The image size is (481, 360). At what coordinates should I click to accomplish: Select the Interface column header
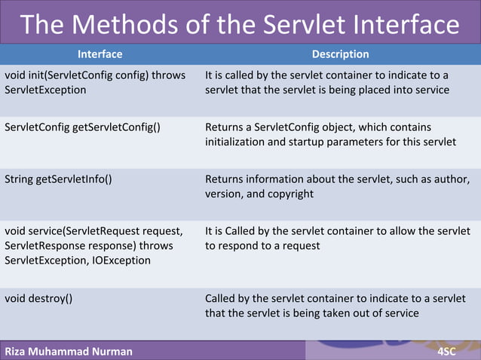tap(100, 54)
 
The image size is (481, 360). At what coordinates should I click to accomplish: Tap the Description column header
tap(340, 54)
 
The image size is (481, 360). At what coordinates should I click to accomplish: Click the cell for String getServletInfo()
tap(59, 179)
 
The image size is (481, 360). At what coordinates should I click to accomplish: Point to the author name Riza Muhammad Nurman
tap(68, 351)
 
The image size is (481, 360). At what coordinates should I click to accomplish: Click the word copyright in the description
tap(288, 194)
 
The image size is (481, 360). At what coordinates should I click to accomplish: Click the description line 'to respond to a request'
tap(262, 246)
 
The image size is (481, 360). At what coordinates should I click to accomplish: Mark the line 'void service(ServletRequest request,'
tap(93, 230)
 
